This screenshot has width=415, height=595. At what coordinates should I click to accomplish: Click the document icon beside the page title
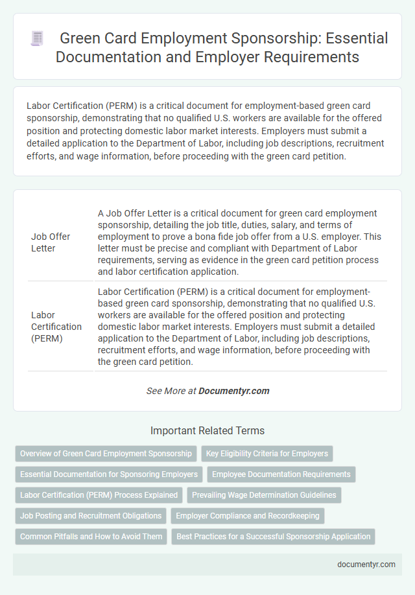click(38, 39)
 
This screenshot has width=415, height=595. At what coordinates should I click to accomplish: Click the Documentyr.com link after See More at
click(233, 391)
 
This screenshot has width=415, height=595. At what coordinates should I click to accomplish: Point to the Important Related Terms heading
click(207, 430)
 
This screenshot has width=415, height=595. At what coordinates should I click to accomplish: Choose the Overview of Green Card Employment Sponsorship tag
click(106, 454)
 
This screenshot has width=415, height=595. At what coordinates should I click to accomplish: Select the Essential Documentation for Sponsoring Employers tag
click(108, 474)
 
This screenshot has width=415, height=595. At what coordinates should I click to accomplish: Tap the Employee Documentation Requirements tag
click(281, 474)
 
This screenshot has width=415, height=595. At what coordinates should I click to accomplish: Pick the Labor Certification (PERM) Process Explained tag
click(99, 495)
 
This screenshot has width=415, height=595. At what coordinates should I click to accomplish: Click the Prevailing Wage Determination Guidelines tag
click(264, 495)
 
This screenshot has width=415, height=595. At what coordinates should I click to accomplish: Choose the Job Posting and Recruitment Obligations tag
click(91, 516)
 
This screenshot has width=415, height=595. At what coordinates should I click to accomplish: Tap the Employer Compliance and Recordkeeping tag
click(248, 516)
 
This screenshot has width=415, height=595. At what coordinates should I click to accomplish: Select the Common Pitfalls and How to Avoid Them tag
click(91, 537)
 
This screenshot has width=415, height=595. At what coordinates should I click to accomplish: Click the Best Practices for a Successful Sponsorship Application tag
click(274, 537)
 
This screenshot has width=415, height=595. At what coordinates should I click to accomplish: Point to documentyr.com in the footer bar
click(366, 564)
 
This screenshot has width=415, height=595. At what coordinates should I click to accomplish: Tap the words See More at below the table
click(171, 391)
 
